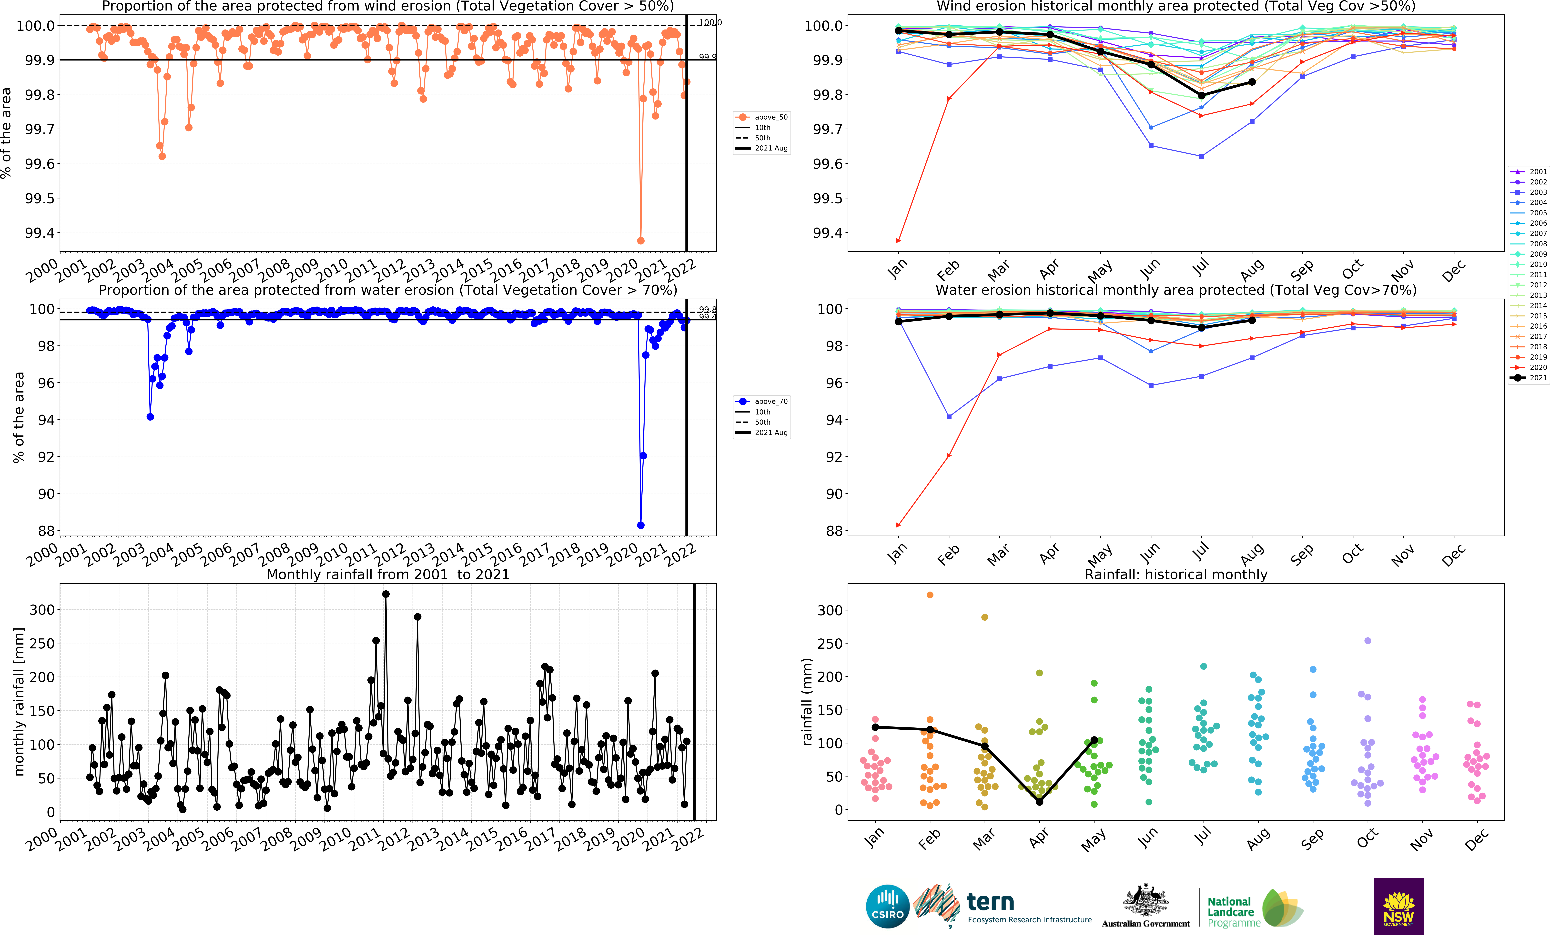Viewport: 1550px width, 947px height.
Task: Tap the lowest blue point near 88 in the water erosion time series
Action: (640, 525)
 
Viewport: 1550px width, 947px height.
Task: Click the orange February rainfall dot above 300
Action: (930, 595)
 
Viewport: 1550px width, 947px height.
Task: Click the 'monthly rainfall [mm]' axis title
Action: (19, 701)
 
